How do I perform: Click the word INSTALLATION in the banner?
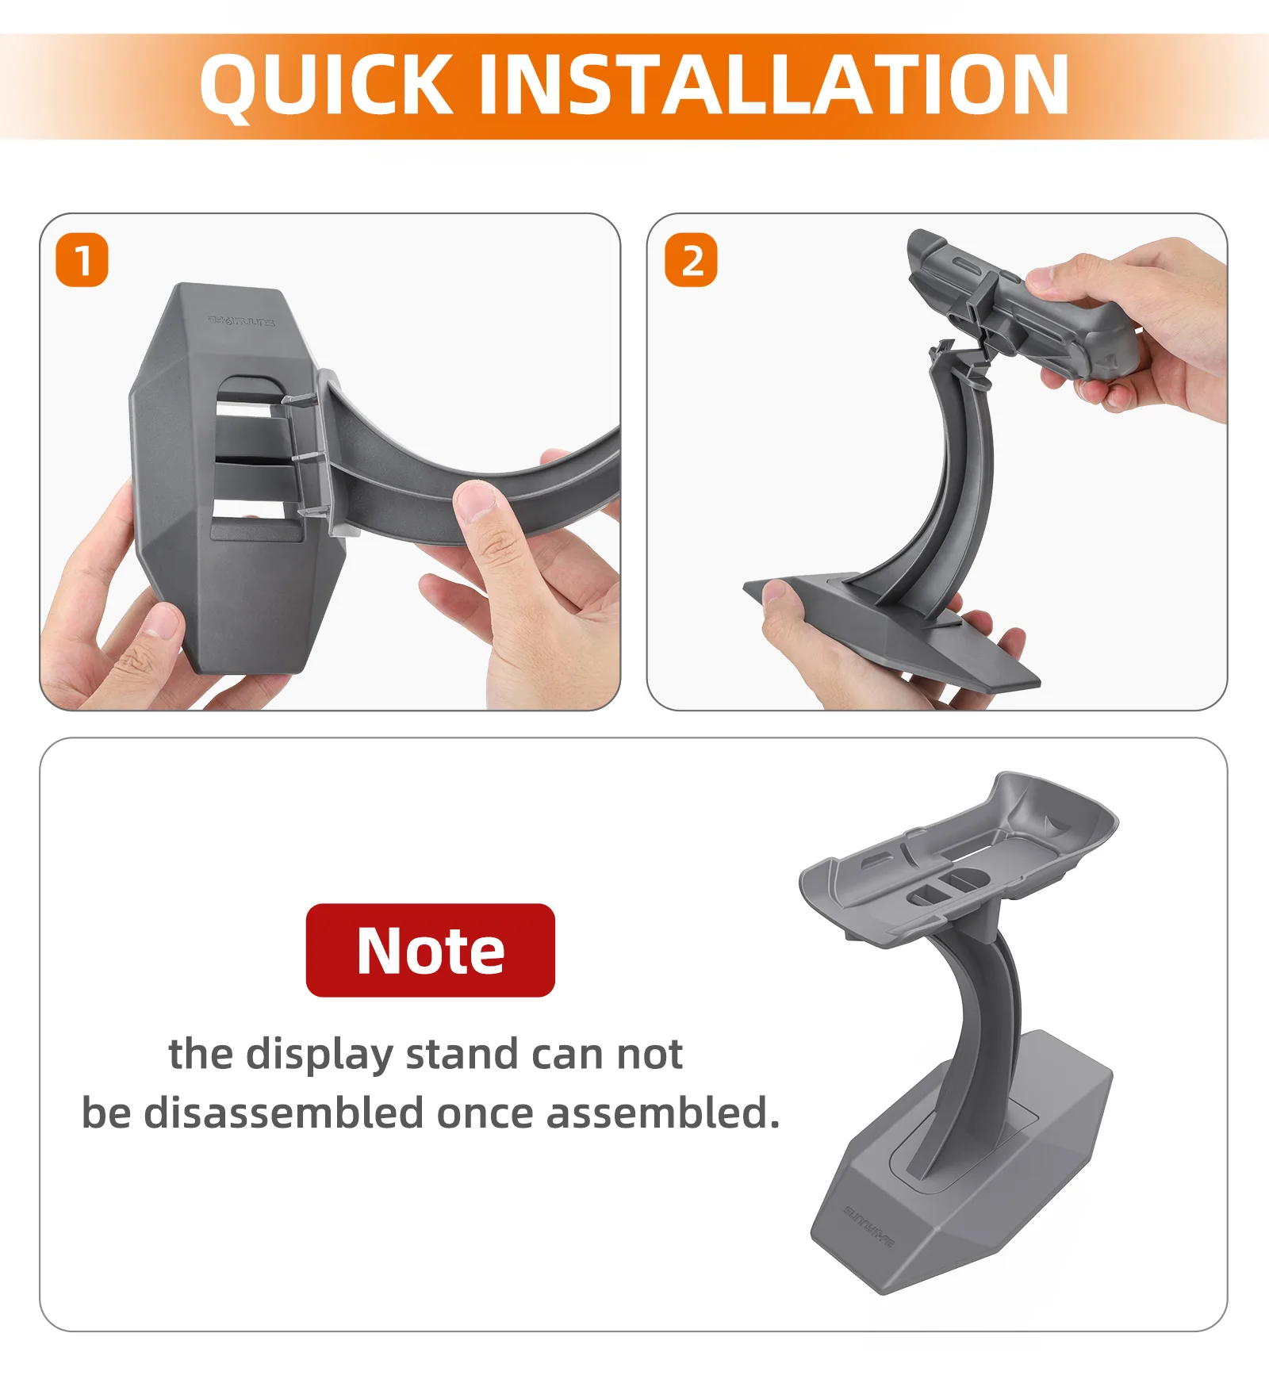pos(774,84)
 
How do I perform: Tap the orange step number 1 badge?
pos(82,260)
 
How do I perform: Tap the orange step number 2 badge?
pos(691,260)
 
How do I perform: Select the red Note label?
pos(431,950)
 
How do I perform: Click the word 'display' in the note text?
pos(319,1055)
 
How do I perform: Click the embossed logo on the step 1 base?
pos(241,320)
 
